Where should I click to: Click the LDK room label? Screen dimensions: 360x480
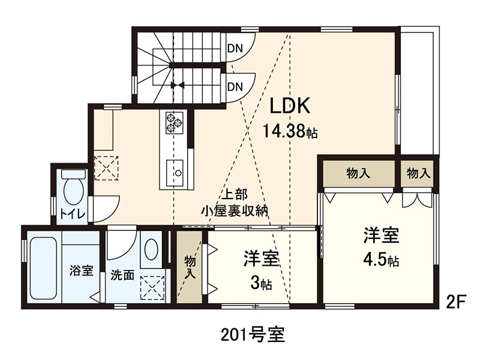tap(289, 106)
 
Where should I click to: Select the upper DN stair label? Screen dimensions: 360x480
tap(235, 49)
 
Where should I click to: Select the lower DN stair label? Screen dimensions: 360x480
tap(235, 86)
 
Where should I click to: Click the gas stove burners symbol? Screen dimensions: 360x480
tap(173, 122)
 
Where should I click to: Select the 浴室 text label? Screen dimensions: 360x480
tap(82, 270)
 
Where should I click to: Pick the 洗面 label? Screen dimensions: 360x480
tap(122, 276)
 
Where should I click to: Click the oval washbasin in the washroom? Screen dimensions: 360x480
tap(152, 249)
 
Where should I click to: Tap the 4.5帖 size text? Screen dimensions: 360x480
tap(381, 261)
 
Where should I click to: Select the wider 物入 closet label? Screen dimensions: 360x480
tap(358, 174)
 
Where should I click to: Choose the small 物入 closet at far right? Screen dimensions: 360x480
tap(419, 174)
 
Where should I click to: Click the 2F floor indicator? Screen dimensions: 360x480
tap(456, 302)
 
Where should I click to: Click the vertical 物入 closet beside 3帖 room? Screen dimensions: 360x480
tap(189, 268)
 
